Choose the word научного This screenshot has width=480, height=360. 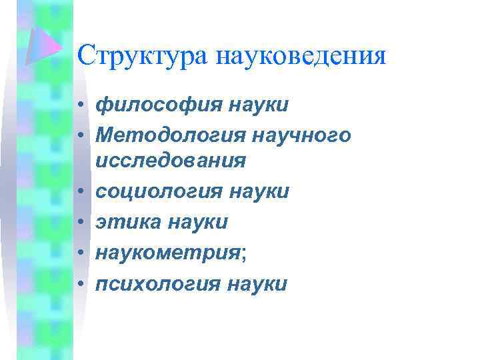(x=303, y=135)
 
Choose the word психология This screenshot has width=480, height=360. (x=159, y=284)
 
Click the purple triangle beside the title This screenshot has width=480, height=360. (x=43, y=44)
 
